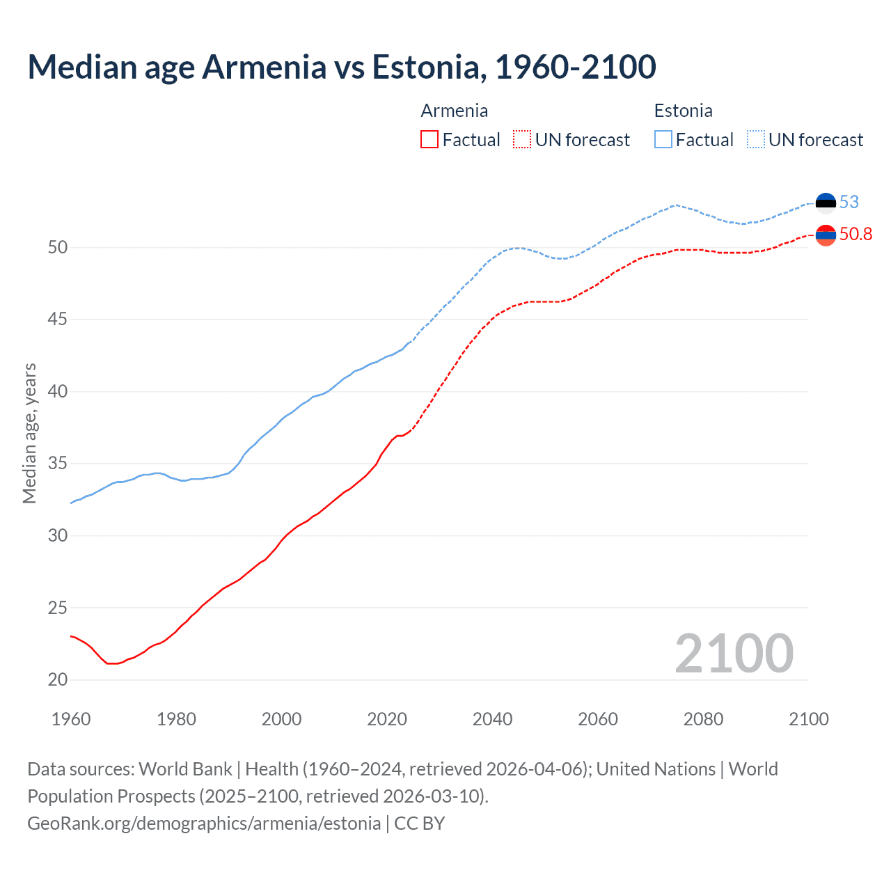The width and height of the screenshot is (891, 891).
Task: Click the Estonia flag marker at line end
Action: tap(826, 203)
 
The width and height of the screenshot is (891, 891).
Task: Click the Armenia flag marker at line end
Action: tap(826, 236)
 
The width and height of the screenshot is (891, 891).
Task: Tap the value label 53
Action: tap(849, 203)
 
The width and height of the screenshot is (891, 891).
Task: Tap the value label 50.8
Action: tap(855, 235)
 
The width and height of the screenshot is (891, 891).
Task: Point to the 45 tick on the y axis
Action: tap(58, 320)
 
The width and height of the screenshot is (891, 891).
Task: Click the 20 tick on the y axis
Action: tap(58, 680)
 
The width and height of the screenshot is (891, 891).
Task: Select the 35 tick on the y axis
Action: tap(58, 464)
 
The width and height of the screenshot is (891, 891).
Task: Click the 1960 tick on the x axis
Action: tap(71, 719)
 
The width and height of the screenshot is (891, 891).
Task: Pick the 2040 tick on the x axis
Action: tap(492, 719)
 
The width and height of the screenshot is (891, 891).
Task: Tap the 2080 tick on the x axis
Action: tap(703, 719)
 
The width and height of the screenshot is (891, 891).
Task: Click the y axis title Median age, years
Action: tap(29, 433)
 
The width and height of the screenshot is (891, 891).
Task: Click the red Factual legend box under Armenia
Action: tap(429, 140)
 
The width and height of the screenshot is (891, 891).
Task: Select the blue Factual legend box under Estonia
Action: tap(663, 140)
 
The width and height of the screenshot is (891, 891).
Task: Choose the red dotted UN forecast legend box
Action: tap(522, 140)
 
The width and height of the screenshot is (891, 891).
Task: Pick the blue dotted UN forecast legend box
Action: tap(755, 140)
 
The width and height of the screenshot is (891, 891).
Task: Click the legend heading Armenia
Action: tap(454, 111)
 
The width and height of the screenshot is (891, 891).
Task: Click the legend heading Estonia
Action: tap(683, 111)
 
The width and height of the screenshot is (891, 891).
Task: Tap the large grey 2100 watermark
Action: tap(734, 654)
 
